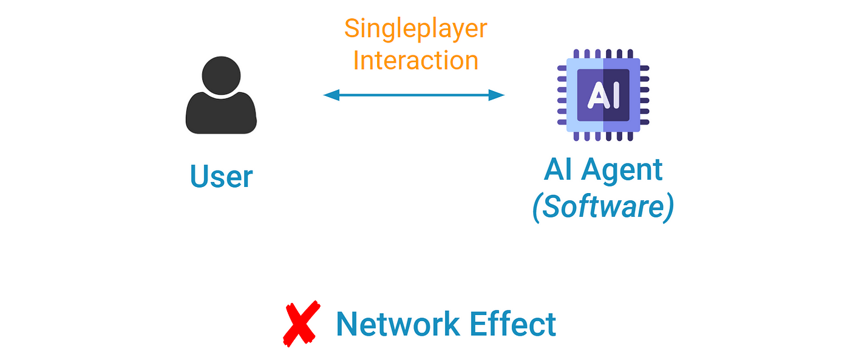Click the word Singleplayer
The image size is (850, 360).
coord(416,29)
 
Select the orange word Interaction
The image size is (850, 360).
coord(416,60)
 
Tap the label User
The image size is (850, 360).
coord(221,177)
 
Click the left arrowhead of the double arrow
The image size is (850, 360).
coord(330,95)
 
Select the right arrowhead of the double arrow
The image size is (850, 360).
coord(498,95)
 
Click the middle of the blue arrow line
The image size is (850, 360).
coord(414,95)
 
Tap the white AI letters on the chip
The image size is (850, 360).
coord(603,95)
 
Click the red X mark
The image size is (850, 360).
coord(301,324)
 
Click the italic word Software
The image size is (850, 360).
coord(603,208)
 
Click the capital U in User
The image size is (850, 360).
coord(199,177)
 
